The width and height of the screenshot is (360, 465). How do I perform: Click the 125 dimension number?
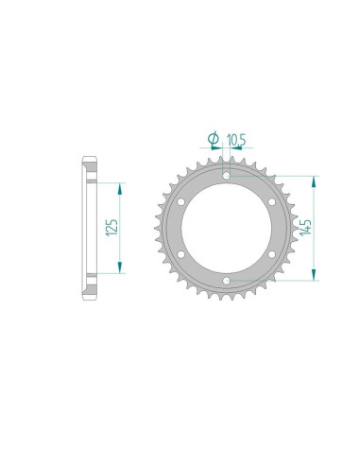[112, 227]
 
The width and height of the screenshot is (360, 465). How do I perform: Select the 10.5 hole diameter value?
[236, 139]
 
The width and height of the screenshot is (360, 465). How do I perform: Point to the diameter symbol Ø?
[214, 140]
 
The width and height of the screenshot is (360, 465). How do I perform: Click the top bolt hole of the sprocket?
[227, 175]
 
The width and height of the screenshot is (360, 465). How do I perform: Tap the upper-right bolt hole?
[272, 201]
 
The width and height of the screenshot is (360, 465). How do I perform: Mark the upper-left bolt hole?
[181, 201]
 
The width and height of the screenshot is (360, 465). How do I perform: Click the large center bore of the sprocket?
[227, 227]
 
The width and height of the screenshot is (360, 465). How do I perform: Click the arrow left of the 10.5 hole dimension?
[218, 149]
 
